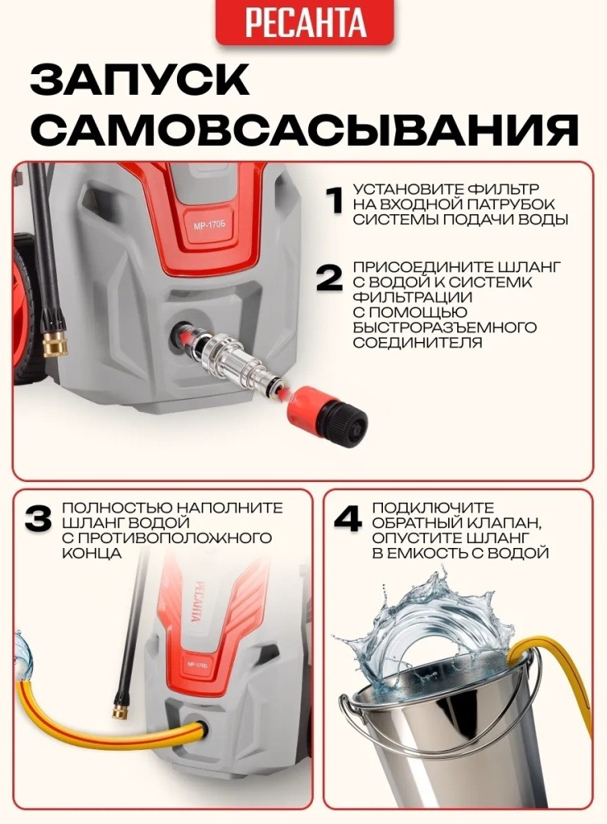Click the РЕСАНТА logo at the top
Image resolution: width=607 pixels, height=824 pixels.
pyautogui.click(x=305, y=22)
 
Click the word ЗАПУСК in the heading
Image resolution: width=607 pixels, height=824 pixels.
pyautogui.click(x=140, y=80)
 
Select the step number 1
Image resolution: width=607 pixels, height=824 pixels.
pyautogui.click(x=334, y=200)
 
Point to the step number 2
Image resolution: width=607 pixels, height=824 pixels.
pyautogui.click(x=329, y=278)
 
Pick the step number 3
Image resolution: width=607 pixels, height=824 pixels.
pyautogui.click(x=39, y=518)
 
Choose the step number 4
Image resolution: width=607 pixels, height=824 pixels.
pyautogui.click(x=348, y=518)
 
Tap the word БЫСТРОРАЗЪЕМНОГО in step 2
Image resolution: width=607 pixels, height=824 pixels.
pyautogui.click(x=445, y=327)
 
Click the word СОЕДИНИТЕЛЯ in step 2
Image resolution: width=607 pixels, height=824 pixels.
pyautogui.click(x=418, y=343)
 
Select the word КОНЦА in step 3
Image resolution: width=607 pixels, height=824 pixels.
pyautogui.click(x=92, y=554)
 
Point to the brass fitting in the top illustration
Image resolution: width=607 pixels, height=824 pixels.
pyautogui.click(x=54, y=343)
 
